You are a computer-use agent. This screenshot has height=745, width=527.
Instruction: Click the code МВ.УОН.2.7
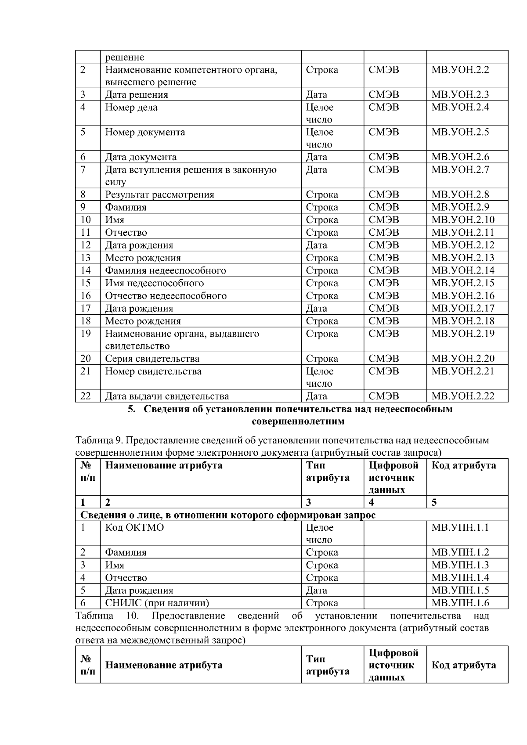460,170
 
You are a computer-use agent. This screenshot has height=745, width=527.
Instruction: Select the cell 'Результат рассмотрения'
159,195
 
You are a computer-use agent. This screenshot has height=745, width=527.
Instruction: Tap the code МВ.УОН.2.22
462,396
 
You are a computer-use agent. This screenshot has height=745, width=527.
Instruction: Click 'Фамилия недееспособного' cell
165,271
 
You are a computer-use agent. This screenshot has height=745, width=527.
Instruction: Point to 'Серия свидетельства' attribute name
152,359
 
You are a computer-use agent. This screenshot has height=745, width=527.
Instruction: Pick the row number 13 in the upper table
86,258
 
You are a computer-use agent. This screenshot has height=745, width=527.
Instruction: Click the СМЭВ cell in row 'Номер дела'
384,108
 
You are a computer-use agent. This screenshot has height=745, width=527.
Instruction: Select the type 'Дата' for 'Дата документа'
316,157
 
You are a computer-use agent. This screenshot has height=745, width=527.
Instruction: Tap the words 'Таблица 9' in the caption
94,440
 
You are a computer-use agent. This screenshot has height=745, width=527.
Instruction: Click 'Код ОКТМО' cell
134,528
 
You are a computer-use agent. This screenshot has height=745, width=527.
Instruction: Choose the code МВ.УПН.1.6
460,603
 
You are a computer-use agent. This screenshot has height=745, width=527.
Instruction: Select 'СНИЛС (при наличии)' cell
157,603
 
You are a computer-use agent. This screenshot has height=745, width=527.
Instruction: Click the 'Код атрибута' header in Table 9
464,466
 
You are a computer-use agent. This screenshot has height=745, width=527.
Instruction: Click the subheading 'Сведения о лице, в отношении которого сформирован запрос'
227,515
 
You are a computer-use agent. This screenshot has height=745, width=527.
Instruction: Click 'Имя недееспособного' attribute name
154,284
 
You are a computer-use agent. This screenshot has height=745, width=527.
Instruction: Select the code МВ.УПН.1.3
460,565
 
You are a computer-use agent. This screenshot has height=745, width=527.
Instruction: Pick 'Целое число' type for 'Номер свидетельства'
319,378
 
